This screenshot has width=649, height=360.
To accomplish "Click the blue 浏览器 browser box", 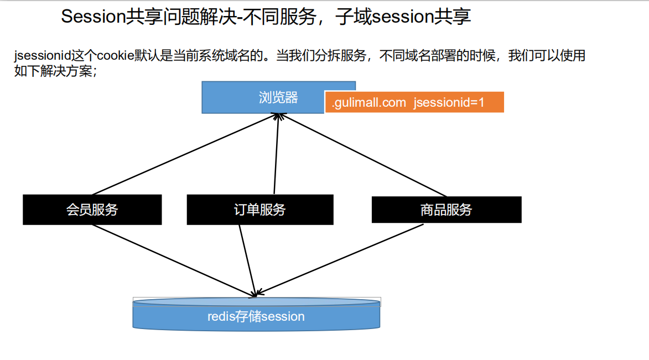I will (263, 98).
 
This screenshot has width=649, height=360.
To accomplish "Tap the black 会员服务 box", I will (92, 210).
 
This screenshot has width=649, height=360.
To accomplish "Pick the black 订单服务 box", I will (259, 210).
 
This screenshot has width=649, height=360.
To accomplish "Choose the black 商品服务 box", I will (446, 210).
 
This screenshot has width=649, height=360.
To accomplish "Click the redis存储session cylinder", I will (256, 316).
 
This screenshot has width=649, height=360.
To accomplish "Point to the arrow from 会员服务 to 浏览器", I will (183, 155).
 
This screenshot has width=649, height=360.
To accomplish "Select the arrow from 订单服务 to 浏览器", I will (276, 155).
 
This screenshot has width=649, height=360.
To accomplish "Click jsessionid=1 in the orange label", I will (449, 102).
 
